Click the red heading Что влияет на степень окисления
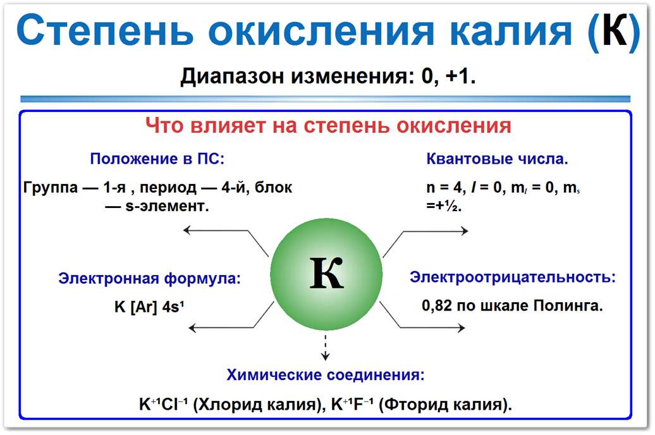tap(328, 125)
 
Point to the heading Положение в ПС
tap(157, 159)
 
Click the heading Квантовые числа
tap(497, 159)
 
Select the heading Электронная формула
tap(149, 279)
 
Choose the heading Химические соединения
tap(326, 375)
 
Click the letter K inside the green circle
tap(326, 274)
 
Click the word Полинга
tap(568, 306)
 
